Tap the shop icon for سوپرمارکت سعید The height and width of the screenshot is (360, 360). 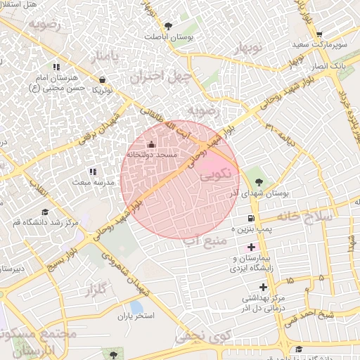pos(319,34)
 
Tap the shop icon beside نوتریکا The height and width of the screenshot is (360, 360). pos(103,79)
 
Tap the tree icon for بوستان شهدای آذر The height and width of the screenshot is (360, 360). pos(259,181)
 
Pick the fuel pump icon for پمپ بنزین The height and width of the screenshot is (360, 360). pos(251,219)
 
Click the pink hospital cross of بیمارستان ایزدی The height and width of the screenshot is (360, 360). pos(251,247)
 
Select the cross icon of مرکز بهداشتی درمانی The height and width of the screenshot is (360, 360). pos(263,286)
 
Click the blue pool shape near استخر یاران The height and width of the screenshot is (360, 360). pos(136,307)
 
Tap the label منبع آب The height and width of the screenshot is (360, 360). pos(199,241)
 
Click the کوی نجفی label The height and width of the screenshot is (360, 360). pos(192,336)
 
